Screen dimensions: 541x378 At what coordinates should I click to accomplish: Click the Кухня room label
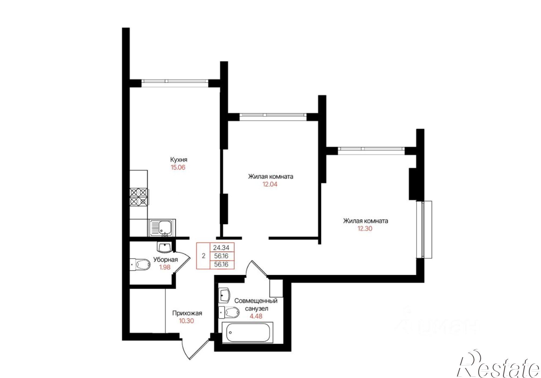pos(179,160)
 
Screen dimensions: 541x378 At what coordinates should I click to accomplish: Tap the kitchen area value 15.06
pos(178,167)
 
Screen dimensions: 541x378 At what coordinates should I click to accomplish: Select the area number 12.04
pos(270,184)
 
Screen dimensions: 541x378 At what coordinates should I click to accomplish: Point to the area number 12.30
pos(365,228)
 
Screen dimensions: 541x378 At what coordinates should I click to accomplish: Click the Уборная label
pos(166,260)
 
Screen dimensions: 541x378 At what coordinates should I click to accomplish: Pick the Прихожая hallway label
pos(187,313)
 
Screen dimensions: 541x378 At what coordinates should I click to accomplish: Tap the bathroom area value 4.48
pos(256,316)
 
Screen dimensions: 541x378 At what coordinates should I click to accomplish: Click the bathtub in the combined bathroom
pos(247,333)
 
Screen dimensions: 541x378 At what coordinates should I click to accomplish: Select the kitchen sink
pos(162,228)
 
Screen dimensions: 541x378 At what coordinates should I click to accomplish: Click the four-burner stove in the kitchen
pos(139,197)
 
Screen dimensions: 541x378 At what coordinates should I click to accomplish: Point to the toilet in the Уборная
pos(140,264)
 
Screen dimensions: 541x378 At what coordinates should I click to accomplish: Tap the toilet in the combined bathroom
pos(229,313)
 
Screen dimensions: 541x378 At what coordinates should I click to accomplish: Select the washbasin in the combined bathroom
pos(224,296)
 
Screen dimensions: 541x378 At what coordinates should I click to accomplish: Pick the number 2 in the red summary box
pos(204,256)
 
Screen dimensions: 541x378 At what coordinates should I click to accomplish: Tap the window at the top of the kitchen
pos(175,81)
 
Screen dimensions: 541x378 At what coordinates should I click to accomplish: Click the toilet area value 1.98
pos(165,267)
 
